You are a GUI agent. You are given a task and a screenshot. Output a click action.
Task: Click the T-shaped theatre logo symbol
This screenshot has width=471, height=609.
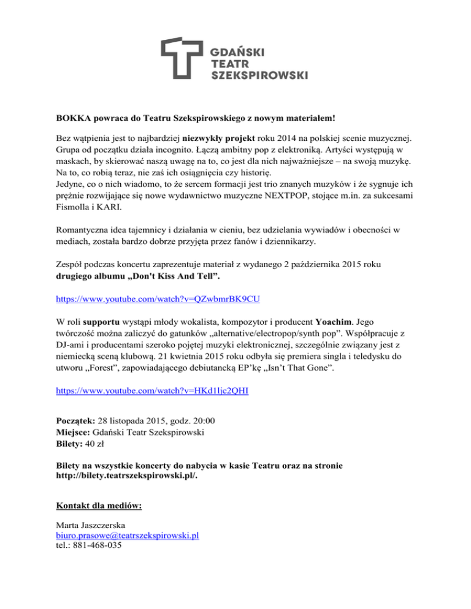tap(182, 58)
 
